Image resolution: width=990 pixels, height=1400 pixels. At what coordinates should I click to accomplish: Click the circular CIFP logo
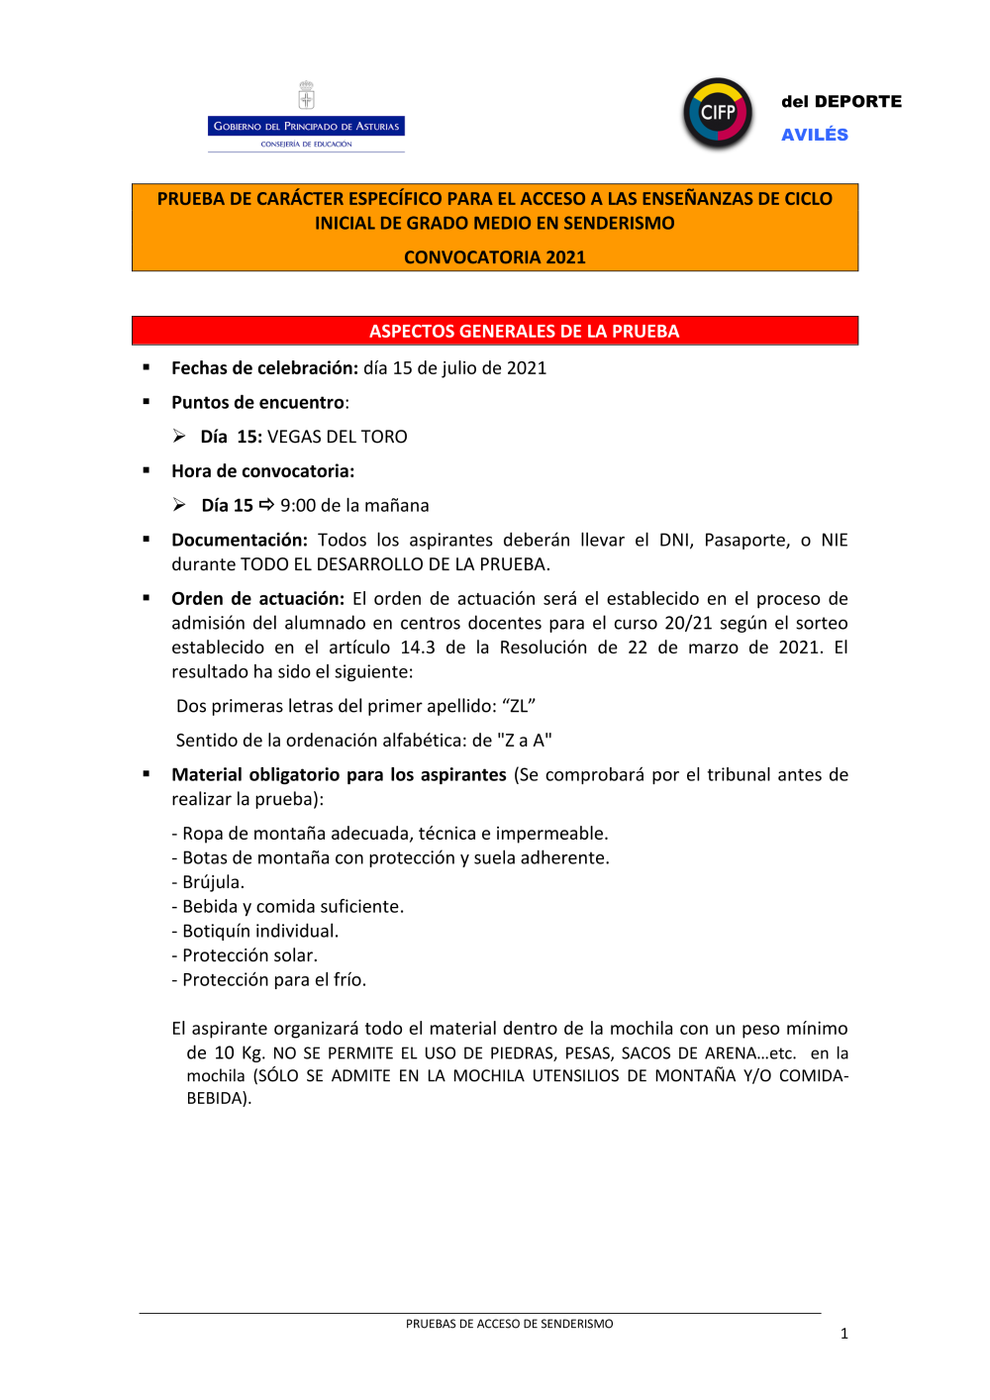pos(718,113)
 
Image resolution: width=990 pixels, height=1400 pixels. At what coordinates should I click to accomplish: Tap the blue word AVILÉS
pos(814,135)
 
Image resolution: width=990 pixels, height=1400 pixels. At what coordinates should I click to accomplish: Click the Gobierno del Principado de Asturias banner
pos(306,126)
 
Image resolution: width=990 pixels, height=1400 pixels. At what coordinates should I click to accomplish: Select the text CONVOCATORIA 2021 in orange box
pos(494,257)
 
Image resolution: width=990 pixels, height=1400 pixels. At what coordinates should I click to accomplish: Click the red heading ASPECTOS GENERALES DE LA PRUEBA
pos(524,331)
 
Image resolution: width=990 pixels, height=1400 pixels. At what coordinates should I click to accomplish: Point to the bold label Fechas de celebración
pos(264,368)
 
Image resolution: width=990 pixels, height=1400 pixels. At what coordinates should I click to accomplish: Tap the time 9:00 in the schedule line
pos(298,506)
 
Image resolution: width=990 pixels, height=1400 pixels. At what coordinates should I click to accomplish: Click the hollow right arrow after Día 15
pos(266,505)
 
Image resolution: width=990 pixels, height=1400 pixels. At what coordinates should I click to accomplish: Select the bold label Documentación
pos(240,541)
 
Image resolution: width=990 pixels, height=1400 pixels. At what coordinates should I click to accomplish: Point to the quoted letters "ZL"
pos(519,707)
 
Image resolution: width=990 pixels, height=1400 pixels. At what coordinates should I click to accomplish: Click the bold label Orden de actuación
pos(257,599)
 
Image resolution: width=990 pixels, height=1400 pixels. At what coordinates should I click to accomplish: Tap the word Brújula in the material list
pos(213,882)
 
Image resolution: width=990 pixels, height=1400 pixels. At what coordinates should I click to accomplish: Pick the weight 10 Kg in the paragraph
pos(239,1053)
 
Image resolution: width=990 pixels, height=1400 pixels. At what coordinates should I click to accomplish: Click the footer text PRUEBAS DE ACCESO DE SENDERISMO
pos(509,1324)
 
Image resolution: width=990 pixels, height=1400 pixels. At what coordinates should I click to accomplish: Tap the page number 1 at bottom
pos(844,1334)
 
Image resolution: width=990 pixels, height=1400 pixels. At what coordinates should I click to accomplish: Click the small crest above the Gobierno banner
pos(306,96)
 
